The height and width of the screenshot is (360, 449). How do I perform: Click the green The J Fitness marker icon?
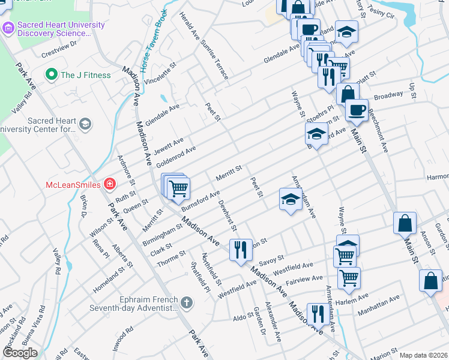[52, 75]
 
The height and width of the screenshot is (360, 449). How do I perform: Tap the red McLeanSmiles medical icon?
[110, 184]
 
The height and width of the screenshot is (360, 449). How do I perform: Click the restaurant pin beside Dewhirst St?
[241, 250]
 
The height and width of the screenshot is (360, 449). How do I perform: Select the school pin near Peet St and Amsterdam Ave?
[290, 199]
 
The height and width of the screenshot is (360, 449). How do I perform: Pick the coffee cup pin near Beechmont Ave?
[357, 110]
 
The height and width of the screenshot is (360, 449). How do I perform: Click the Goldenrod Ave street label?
[175, 157]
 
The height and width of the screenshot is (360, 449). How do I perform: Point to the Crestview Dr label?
[60, 44]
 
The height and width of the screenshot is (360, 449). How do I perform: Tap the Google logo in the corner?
[20, 353]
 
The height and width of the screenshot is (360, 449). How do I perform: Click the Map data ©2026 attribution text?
[423, 355]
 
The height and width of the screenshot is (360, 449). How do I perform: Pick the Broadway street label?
[388, 95]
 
